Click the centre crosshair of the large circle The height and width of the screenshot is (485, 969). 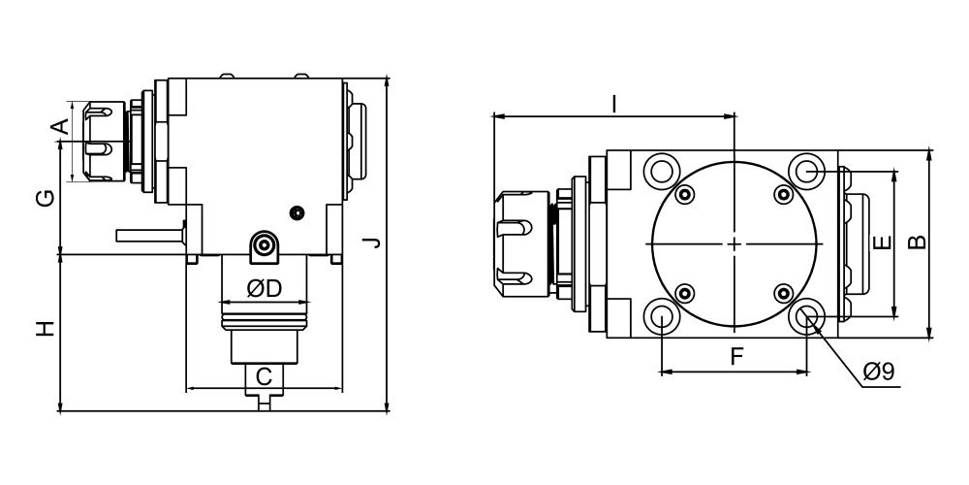[735, 243]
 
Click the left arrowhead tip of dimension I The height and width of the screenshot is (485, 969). [493, 115]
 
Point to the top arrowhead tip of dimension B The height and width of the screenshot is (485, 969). [929, 150]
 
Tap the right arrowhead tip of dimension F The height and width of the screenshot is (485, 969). [807, 372]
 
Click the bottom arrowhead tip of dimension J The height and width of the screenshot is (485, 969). [387, 410]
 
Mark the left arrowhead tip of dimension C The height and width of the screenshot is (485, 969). [186, 389]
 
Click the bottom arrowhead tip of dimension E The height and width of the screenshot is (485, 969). [893, 317]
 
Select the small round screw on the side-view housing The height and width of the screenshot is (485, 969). [297, 212]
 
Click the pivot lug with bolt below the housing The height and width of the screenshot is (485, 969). [264, 246]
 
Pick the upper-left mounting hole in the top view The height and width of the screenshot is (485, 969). [661, 170]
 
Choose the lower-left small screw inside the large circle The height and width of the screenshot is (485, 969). [684, 293]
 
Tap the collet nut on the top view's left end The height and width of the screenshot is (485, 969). [521, 243]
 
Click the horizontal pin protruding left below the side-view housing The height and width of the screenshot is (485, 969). [150, 236]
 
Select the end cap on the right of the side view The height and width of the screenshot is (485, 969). [356, 142]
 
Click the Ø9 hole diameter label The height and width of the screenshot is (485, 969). [879, 372]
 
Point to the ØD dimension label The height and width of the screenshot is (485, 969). [264, 288]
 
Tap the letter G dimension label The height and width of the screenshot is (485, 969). [46, 198]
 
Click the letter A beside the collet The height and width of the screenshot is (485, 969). [59, 127]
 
